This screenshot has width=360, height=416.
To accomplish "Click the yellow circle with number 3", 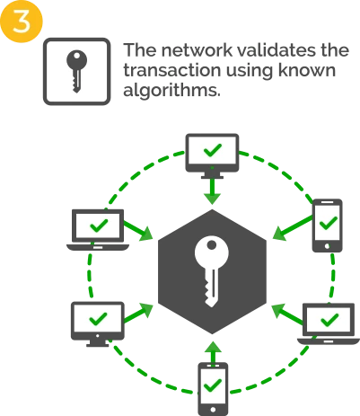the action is [x=21, y=21].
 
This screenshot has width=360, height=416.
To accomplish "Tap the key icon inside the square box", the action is [x=76, y=71].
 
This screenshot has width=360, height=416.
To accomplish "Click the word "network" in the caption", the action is [x=197, y=50].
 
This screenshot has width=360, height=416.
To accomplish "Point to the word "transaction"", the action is [x=171, y=70].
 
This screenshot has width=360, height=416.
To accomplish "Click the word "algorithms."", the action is [x=171, y=90].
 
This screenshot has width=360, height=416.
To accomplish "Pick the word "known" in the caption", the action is [x=307, y=70].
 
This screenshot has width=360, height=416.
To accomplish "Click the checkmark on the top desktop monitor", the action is [x=212, y=150].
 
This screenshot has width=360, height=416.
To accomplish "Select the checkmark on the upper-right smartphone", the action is [x=329, y=223].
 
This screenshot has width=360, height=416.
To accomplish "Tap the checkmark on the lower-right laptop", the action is [x=329, y=320].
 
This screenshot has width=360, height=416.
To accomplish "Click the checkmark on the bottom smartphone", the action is [x=212, y=385].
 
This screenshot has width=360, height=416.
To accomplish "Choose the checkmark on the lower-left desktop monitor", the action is [x=98, y=319].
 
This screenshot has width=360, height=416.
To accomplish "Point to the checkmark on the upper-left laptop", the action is [x=99, y=225].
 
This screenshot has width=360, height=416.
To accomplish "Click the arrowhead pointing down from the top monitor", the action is [x=212, y=199].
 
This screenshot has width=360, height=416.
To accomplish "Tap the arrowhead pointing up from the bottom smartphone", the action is [x=213, y=347].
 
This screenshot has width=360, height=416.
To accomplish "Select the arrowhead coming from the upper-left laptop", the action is [x=146, y=234].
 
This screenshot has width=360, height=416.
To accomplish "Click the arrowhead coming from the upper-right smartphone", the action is [x=279, y=233].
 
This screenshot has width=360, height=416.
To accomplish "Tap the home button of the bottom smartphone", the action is [x=213, y=410].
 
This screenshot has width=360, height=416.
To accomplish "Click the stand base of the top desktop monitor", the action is [x=212, y=177].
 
